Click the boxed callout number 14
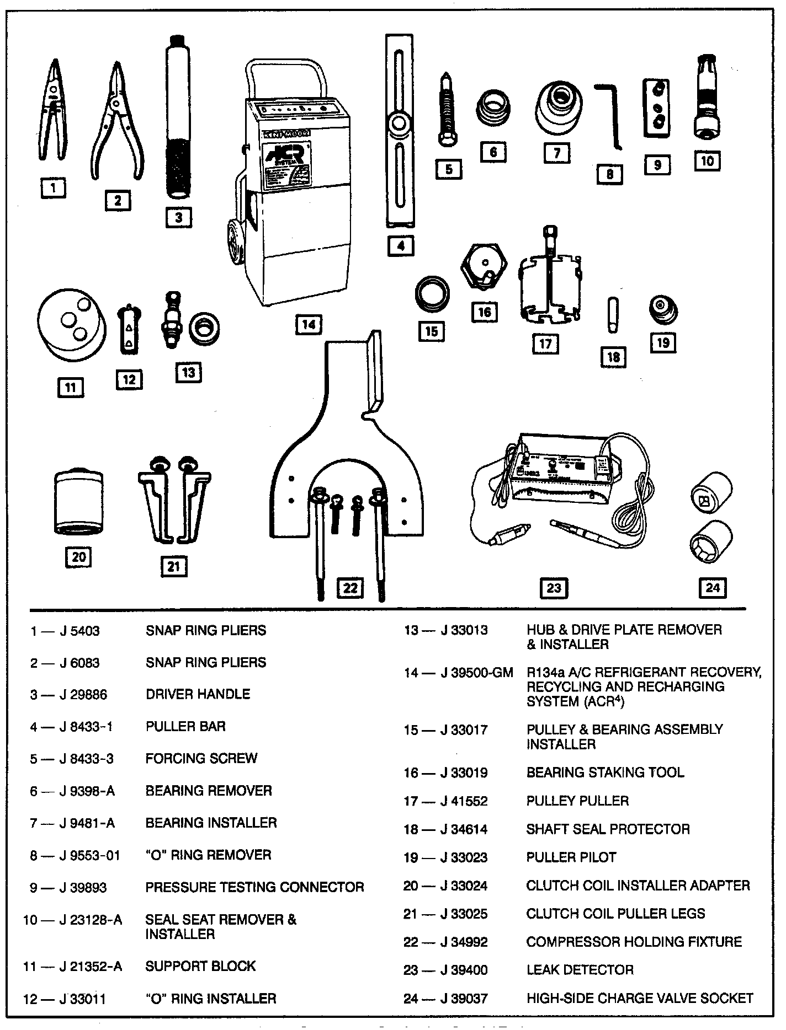click(x=309, y=325)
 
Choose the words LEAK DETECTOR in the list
click(x=580, y=969)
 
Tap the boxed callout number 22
click(x=350, y=588)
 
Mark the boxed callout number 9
click(x=657, y=164)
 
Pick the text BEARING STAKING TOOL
click(x=605, y=773)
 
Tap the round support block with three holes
click(x=71, y=326)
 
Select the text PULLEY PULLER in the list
click(x=577, y=801)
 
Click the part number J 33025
click(x=464, y=914)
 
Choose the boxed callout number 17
click(x=545, y=344)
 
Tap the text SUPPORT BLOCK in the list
click(x=200, y=966)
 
